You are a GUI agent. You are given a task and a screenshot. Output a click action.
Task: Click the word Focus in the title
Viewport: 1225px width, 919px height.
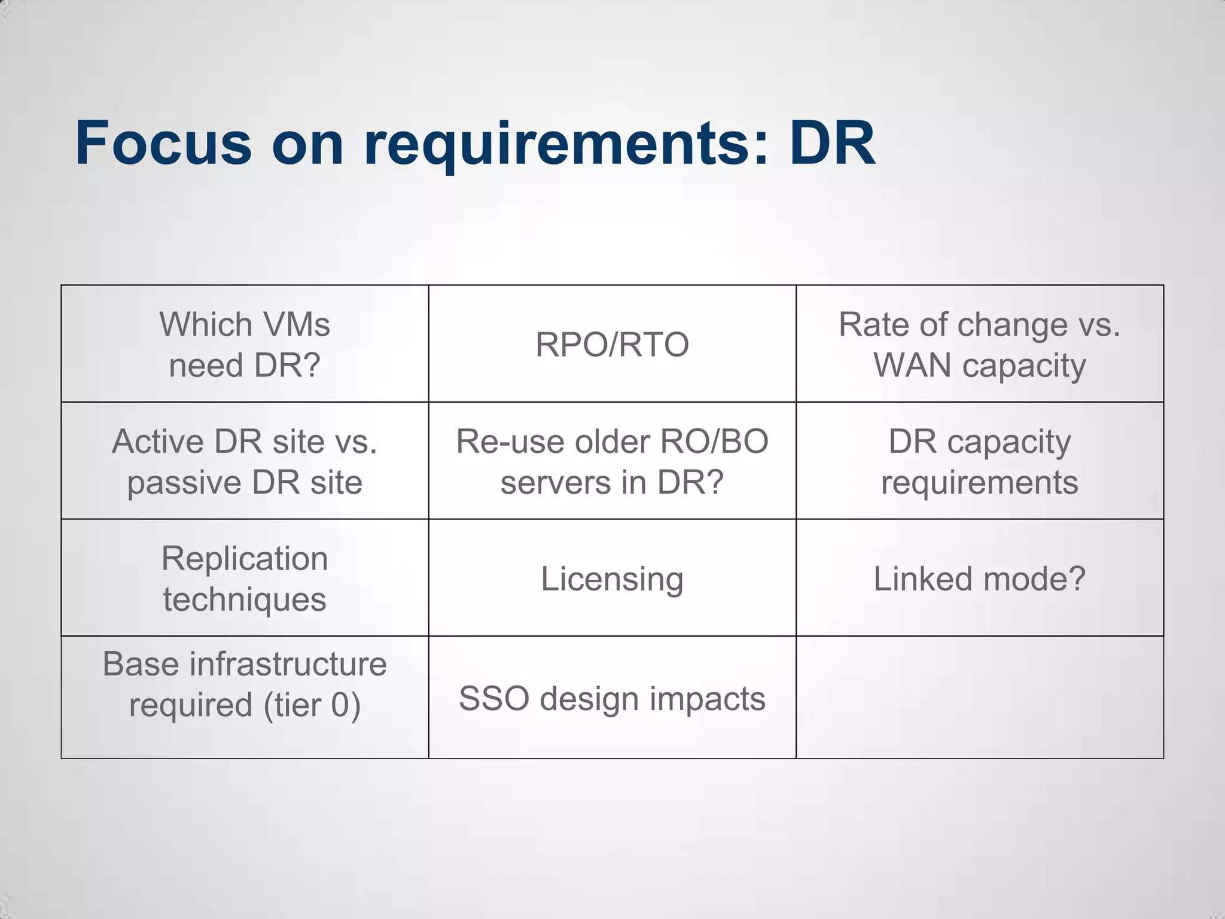163,144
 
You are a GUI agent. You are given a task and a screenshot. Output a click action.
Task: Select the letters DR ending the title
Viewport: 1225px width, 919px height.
832,144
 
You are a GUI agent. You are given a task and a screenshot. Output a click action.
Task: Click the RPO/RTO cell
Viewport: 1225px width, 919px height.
612,345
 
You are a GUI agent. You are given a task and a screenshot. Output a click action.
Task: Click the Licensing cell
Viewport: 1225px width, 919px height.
612,579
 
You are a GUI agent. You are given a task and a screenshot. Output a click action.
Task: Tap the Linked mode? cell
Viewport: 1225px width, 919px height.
979,579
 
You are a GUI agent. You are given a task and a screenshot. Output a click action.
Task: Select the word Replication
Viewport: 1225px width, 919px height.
245,559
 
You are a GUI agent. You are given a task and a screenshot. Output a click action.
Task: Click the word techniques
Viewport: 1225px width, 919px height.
245,600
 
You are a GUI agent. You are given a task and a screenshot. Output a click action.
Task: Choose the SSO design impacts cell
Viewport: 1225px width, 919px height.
612,698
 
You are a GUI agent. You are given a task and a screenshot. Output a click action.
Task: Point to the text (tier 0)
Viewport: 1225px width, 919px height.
312,705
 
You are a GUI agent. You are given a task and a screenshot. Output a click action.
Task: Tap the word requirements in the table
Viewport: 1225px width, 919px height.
979,482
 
